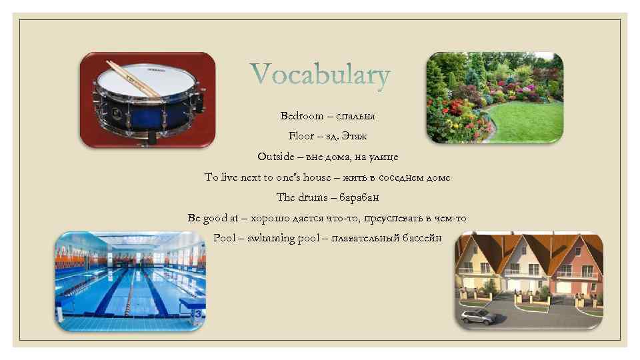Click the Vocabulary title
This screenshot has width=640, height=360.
tap(320, 76)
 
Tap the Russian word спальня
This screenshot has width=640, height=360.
tap(355, 115)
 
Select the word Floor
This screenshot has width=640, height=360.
tap(301, 136)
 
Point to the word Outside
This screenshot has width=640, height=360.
tap(275, 157)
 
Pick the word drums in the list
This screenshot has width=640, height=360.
tap(313, 197)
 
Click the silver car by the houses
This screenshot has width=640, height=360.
tap(478, 315)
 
